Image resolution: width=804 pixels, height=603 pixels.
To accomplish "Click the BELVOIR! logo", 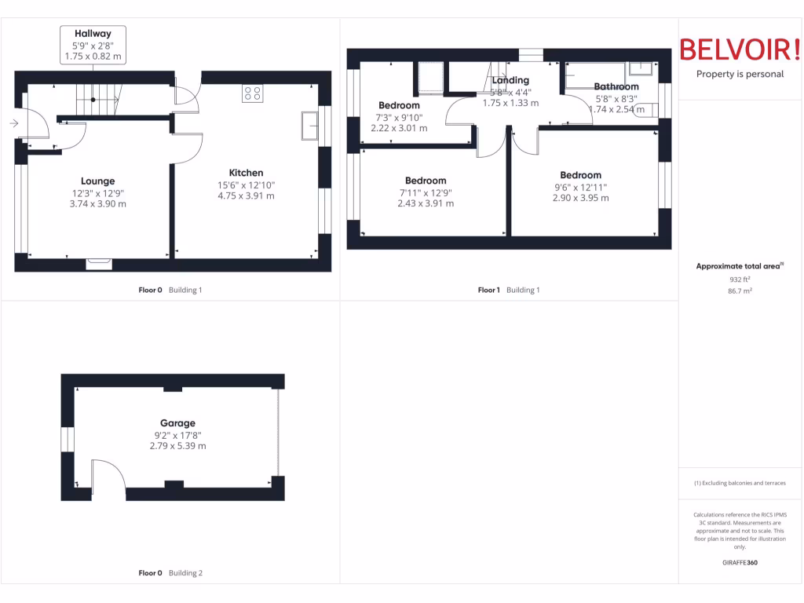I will point(740,49).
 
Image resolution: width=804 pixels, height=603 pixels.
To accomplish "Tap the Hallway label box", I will point(93,46).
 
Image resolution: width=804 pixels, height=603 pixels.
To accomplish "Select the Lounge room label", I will point(97,181).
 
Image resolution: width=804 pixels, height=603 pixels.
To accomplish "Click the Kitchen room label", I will point(246,173).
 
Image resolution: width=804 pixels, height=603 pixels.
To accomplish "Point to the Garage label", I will point(177,422).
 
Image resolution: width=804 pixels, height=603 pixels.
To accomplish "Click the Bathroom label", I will point(616,86).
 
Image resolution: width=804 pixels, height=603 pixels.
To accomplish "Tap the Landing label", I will point(510,80).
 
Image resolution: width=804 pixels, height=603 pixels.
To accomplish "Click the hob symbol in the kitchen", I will point(253,93).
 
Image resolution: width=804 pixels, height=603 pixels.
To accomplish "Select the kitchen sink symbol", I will point(309,126).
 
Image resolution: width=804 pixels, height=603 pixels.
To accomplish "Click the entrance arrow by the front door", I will point(14,123).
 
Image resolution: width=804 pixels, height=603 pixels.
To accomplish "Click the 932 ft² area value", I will point(740,279).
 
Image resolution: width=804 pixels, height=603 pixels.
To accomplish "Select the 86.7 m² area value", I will point(740,291).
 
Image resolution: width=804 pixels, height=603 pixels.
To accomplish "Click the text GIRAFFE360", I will point(740,562).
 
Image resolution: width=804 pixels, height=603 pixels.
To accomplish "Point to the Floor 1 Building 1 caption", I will point(509,290).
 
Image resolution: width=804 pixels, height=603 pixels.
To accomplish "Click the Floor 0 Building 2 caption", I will point(170,573).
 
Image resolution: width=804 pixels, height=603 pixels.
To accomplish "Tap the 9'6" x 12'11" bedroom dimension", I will point(580,187).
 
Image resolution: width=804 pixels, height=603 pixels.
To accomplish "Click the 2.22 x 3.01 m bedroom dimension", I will point(399,128).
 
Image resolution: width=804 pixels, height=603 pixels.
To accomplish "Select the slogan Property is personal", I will point(740,75).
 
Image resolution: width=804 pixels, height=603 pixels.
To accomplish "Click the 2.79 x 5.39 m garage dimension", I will point(177,445).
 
